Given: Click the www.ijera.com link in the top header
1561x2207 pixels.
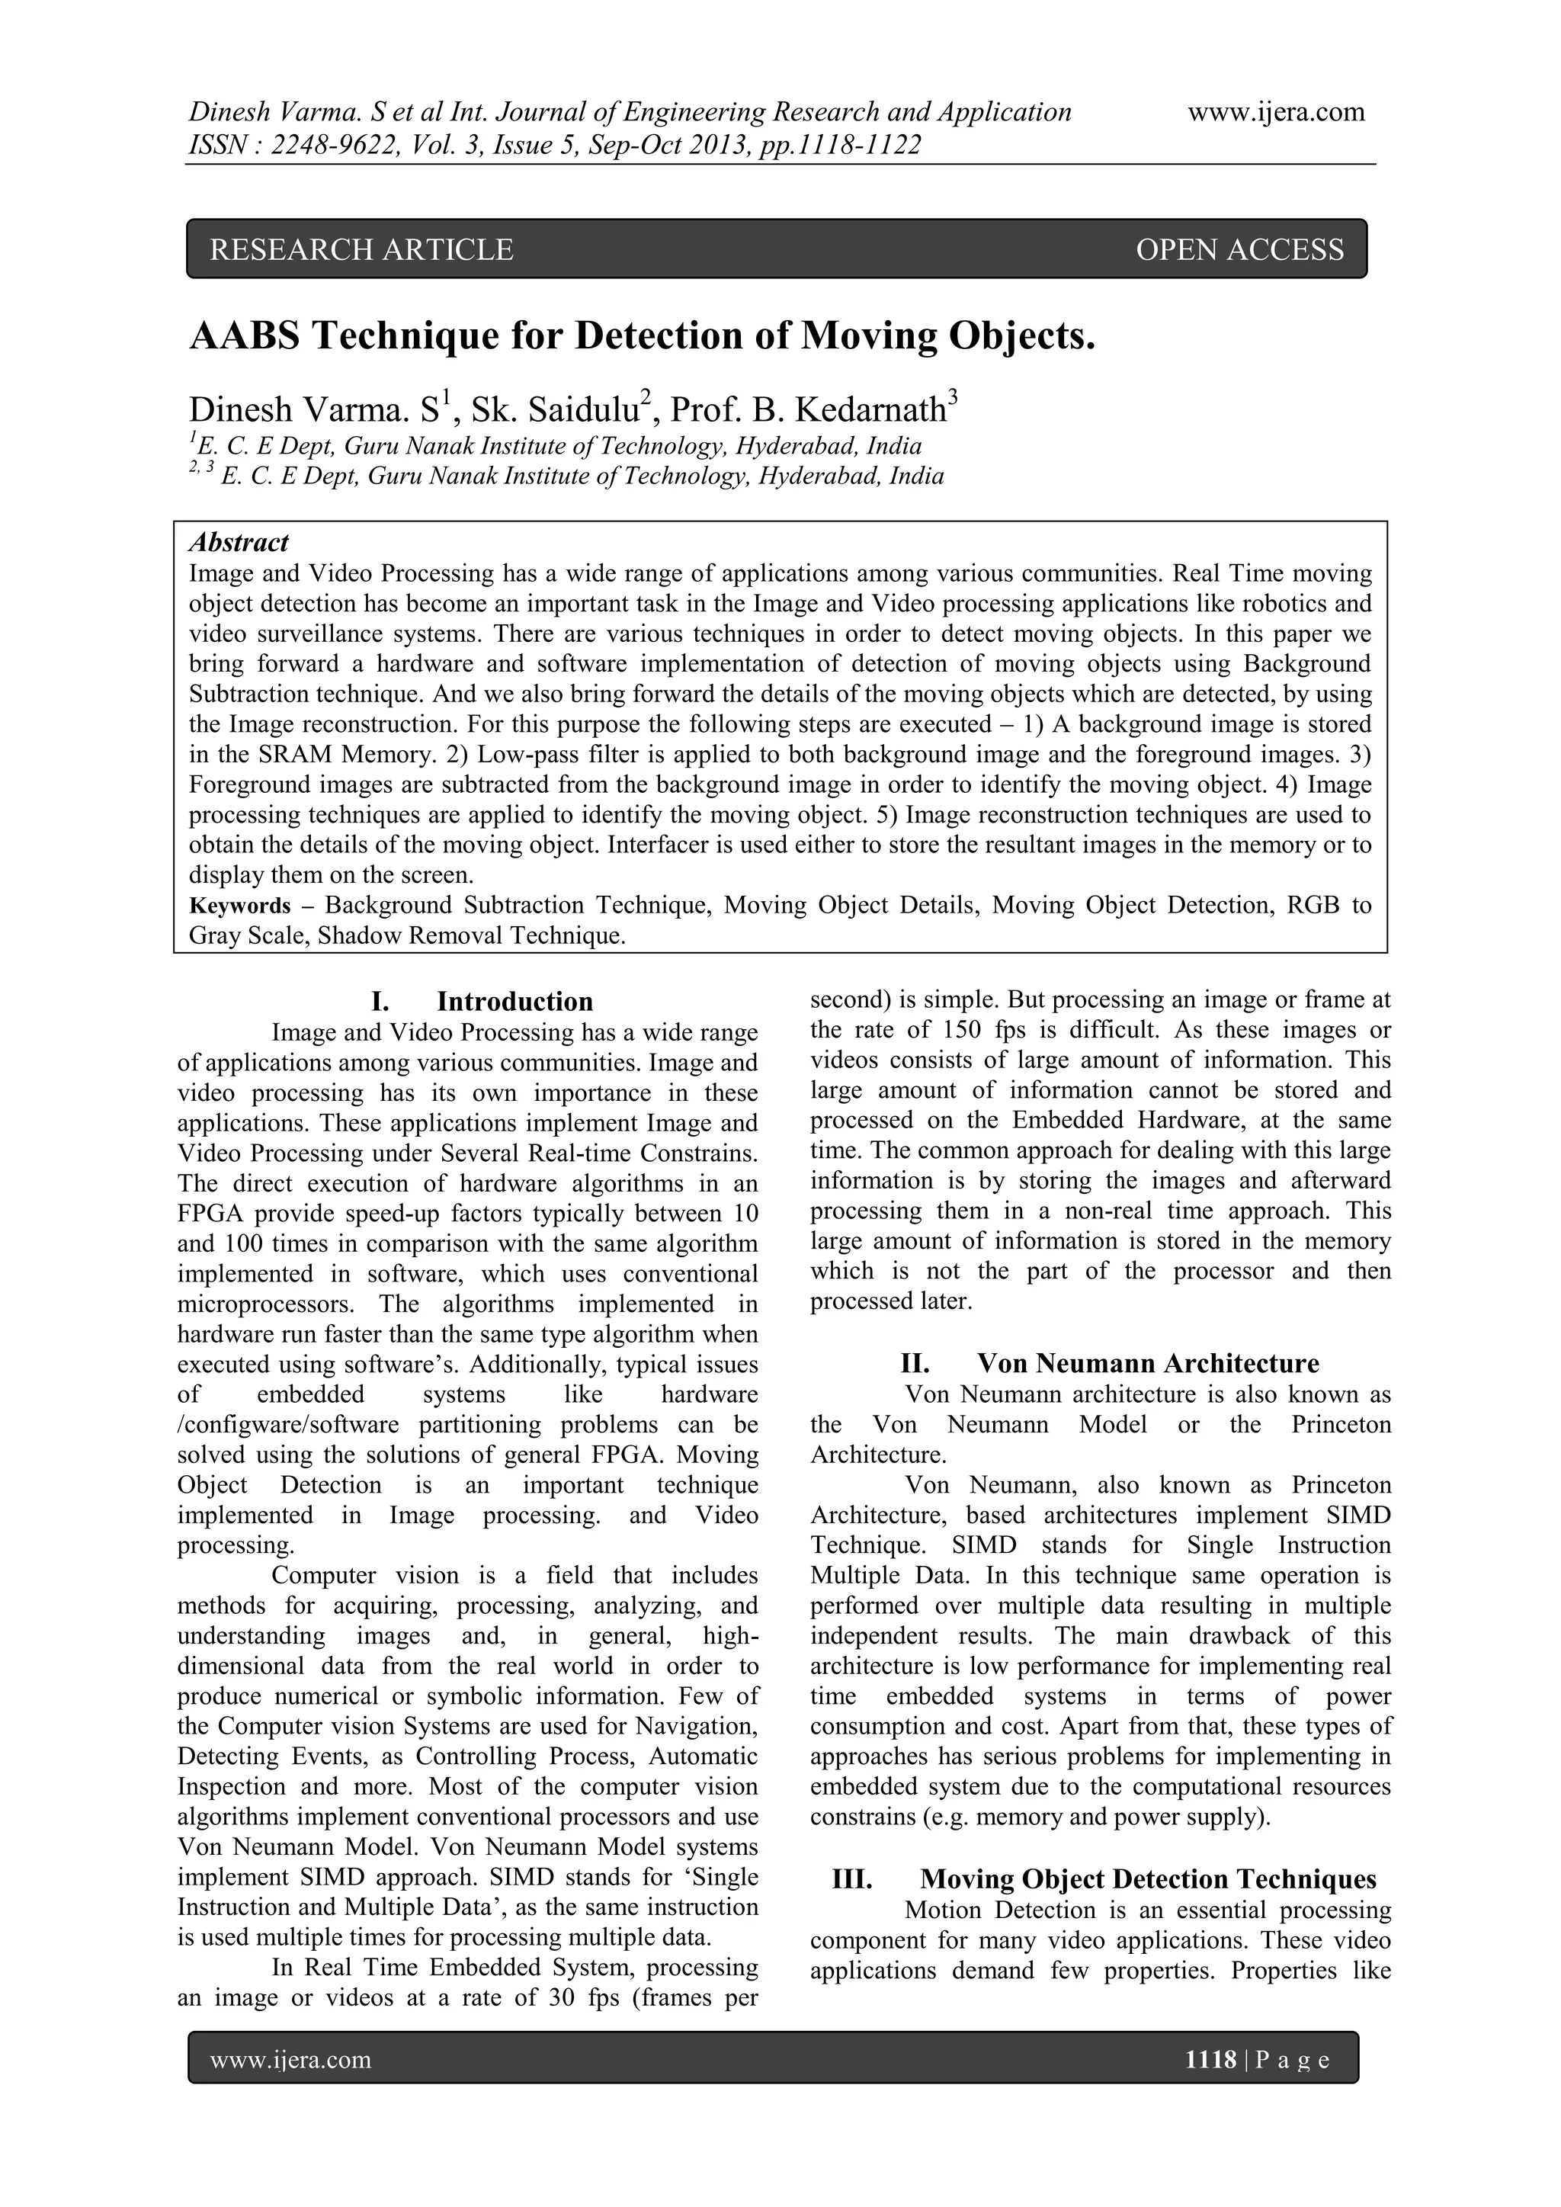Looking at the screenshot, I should coord(1275,113).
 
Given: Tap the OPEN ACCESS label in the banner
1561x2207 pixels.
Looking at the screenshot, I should coord(1239,250).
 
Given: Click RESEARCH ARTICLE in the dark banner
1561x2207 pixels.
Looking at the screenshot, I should coord(361,250).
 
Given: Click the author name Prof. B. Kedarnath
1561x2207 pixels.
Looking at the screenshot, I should coord(807,410).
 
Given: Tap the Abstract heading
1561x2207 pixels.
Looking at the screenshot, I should coord(239,543).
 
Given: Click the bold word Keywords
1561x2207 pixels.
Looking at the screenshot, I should coord(239,906).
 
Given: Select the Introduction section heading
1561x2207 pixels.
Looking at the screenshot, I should coord(514,1002).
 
